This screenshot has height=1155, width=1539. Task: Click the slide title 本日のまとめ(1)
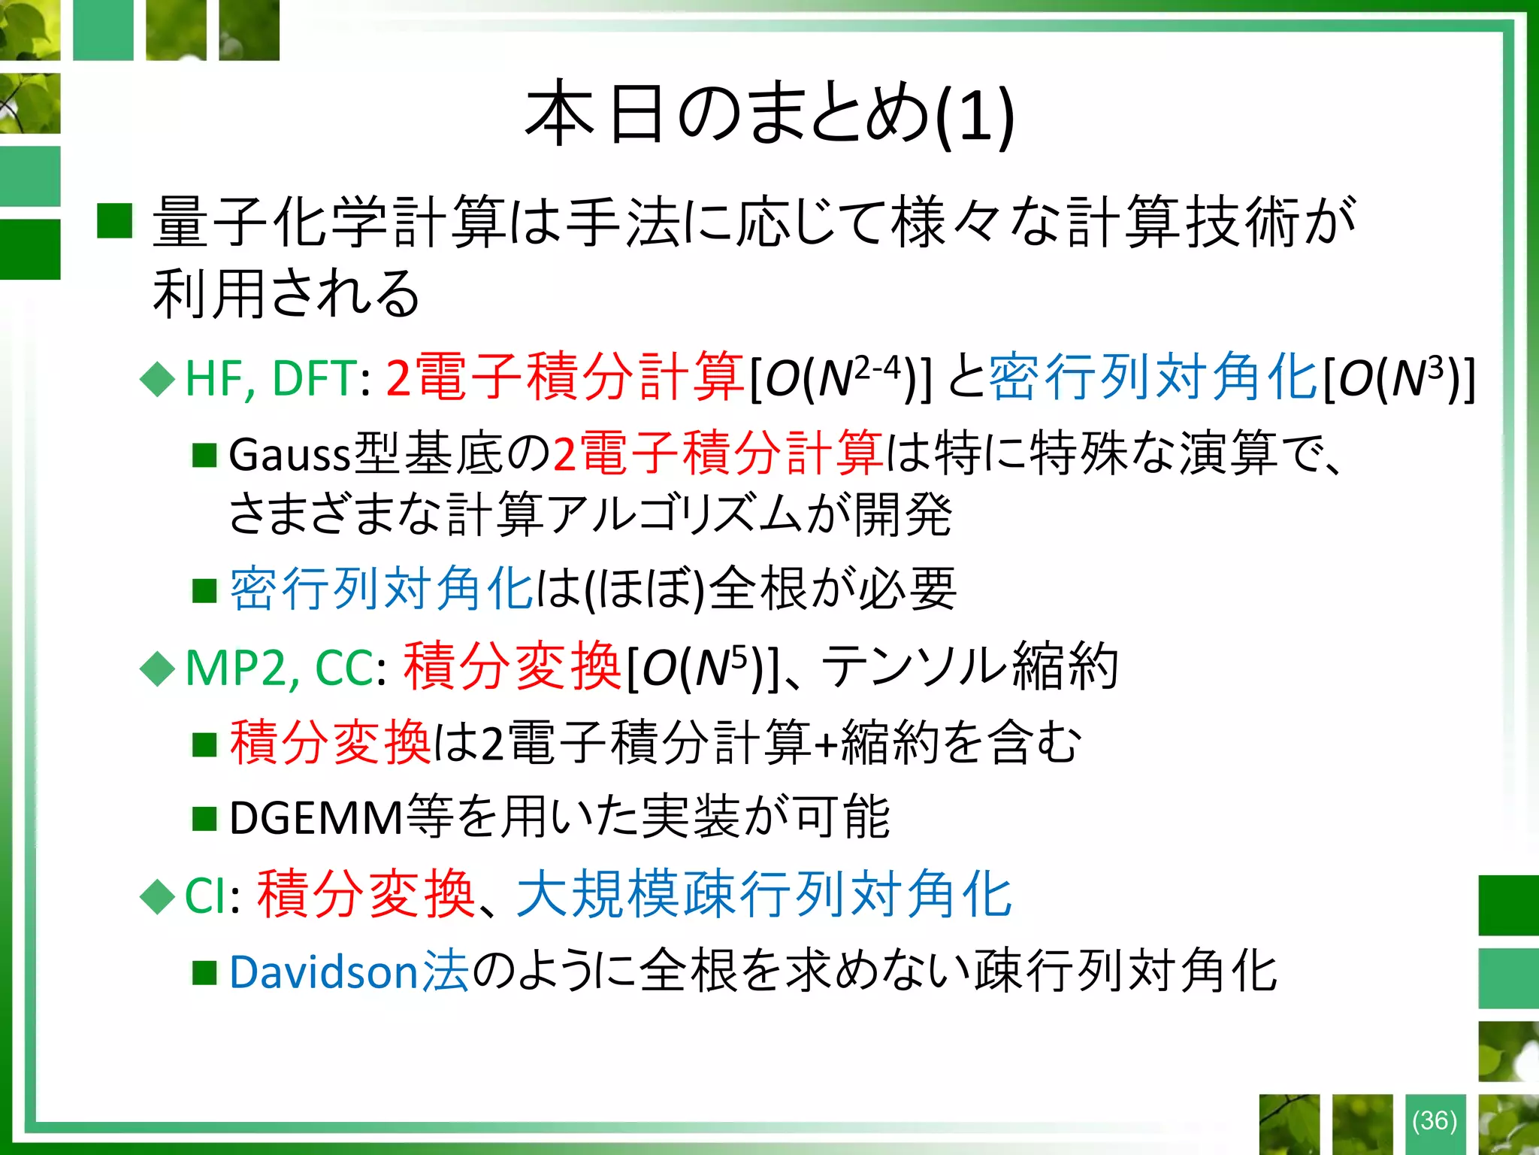[x=769, y=114]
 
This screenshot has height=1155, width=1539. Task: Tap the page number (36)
[x=1435, y=1120]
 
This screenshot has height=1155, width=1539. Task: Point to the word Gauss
[x=290, y=456]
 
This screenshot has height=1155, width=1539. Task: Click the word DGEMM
[x=316, y=819]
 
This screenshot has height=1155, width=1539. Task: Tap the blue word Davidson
[x=324, y=972]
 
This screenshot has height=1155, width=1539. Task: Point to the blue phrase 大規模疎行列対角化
[x=764, y=895]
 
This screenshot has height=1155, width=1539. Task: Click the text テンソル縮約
[x=970, y=666]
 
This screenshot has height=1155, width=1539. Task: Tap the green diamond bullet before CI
[x=158, y=897]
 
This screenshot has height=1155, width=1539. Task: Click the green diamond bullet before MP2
[x=158, y=668]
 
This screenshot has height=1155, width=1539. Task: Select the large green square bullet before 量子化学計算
[x=115, y=221]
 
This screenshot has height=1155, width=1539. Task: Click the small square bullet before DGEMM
[x=204, y=819]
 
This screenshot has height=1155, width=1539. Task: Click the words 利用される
[x=286, y=293]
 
